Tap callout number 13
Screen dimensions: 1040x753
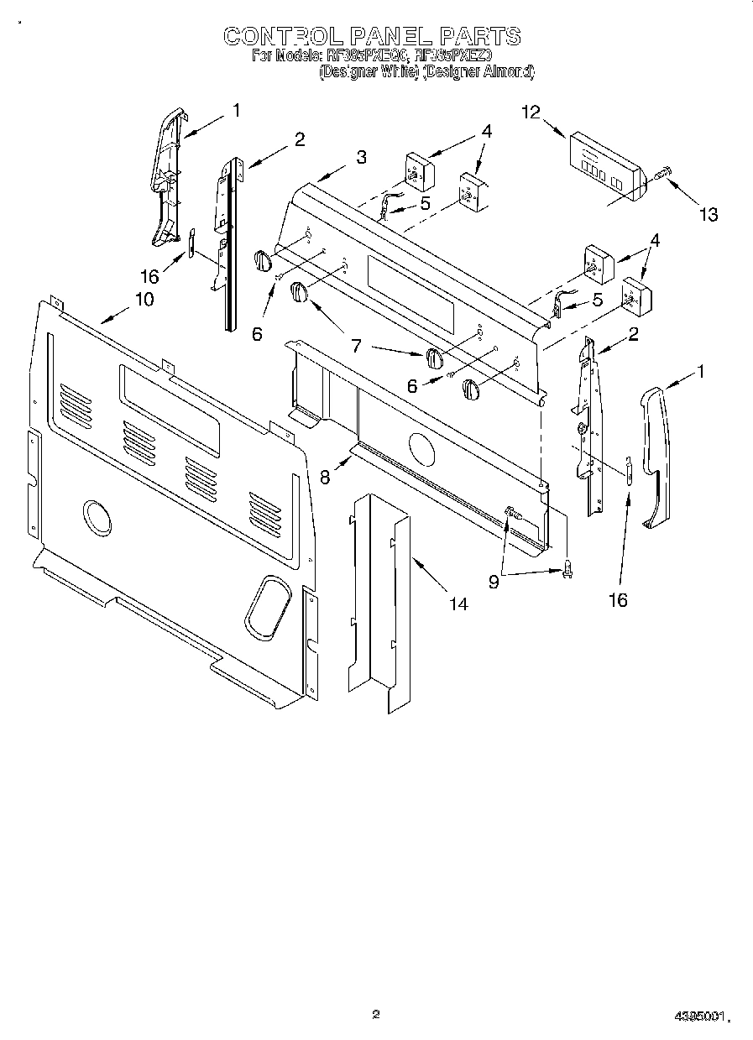[709, 215]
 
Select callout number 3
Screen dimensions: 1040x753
[360, 157]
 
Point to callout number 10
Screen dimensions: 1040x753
[144, 299]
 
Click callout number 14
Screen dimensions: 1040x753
[458, 603]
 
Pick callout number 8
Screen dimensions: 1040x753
[325, 476]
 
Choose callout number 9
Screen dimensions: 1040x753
[494, 581]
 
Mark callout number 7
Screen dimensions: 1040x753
[356, 344]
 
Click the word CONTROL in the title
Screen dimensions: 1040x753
[281, 36]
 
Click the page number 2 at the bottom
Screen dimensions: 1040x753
[376, 1014]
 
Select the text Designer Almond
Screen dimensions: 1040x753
[478, 72]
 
